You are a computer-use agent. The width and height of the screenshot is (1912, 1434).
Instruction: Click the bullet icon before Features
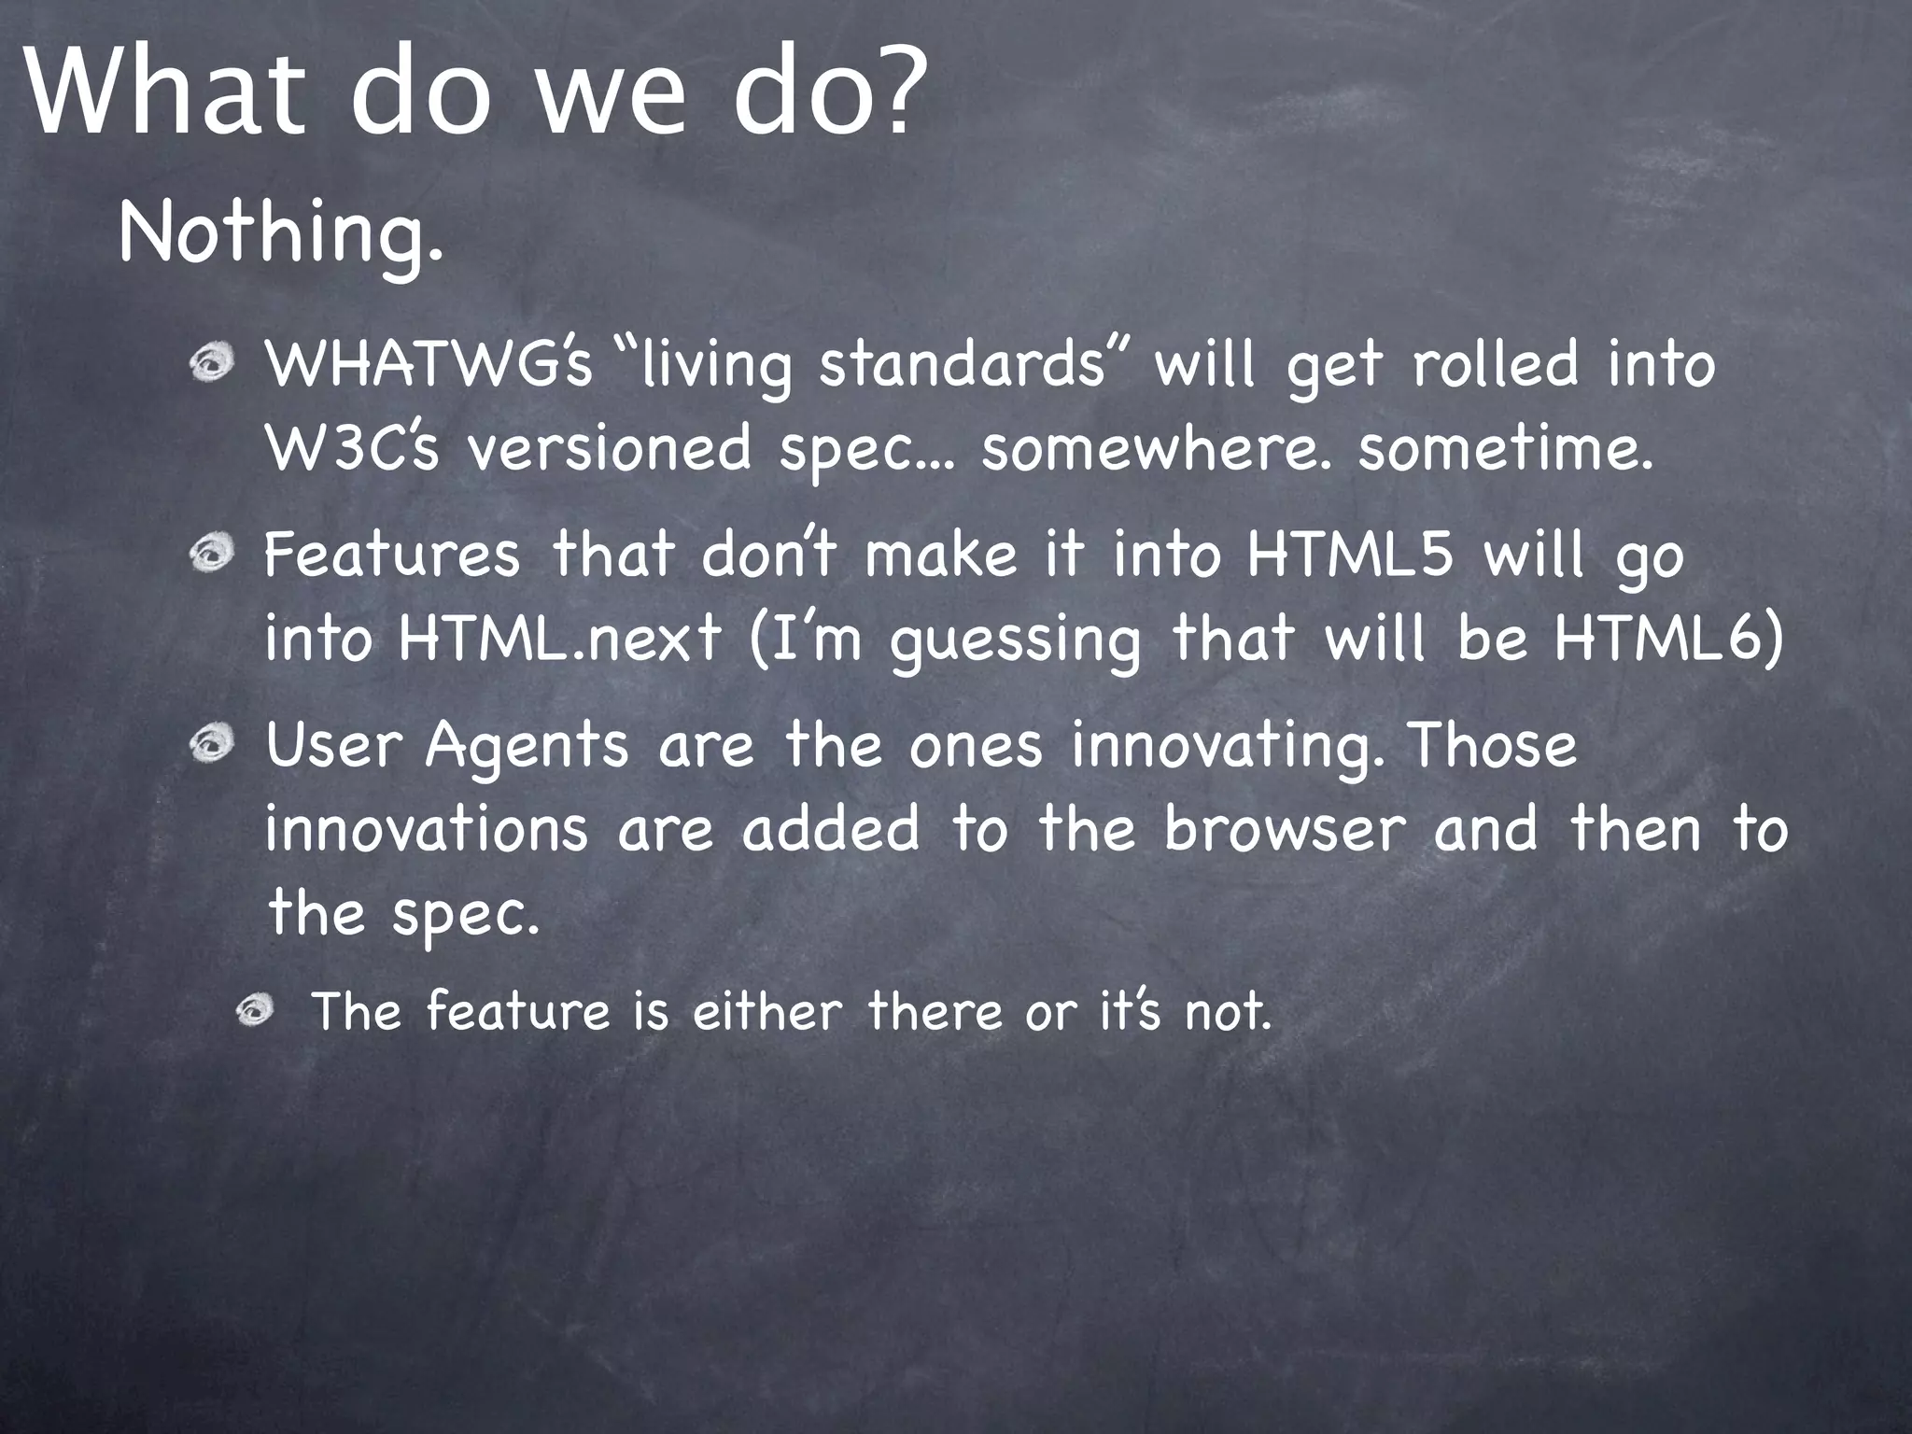tap(213, 555)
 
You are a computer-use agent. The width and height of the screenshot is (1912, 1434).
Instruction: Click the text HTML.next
tap(560, 640)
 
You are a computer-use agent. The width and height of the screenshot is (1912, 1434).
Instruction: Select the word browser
tap(1285, 829)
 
